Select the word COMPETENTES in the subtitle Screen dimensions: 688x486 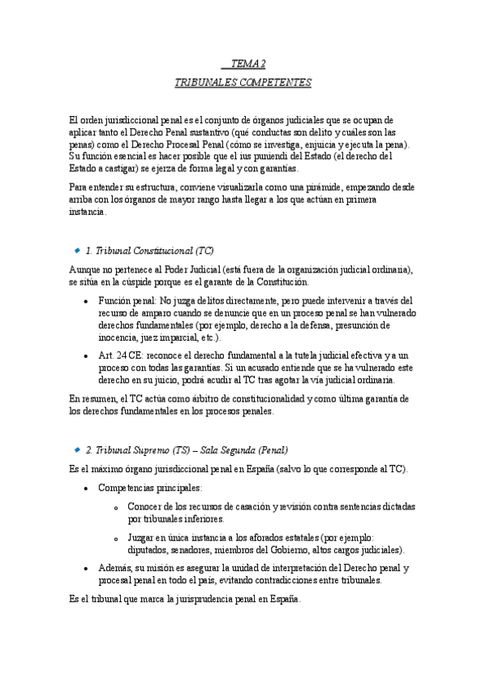point(272,83)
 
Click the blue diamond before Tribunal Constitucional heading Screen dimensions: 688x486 point(75,252)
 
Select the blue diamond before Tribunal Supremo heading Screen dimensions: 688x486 point(75,449)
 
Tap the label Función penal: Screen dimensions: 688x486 point(128,299)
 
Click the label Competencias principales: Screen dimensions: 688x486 point(150,488)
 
